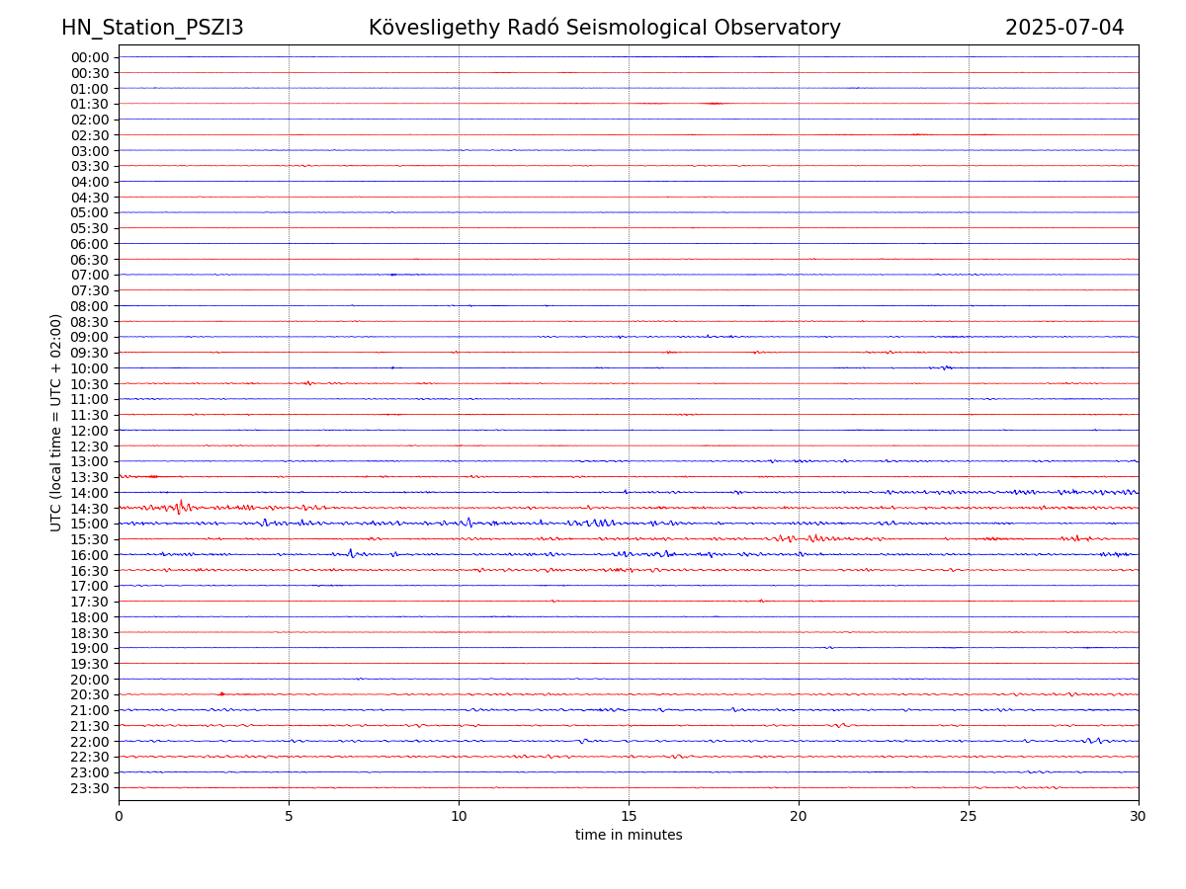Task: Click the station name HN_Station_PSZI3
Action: (152, 28)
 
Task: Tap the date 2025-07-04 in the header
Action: (1064, 28)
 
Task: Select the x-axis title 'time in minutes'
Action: (629, 835)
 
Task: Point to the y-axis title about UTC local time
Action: (56, 422)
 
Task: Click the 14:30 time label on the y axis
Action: (89, 508)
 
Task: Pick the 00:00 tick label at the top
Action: (89, 57)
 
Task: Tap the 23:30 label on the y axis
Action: (89, 788)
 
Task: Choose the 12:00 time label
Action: (89, 431)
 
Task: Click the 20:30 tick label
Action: (89, 694)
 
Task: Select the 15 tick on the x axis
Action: (629, 816)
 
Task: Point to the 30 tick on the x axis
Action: (1139, 816)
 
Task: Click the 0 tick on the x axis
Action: (119, 816)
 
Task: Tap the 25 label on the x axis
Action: (969, 816)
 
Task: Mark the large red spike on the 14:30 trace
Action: (180, 507)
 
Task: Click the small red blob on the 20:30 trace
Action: (221, 693)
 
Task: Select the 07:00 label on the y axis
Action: (89, 275)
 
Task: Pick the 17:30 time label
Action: (89, 602)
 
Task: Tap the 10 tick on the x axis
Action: (459, 816)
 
